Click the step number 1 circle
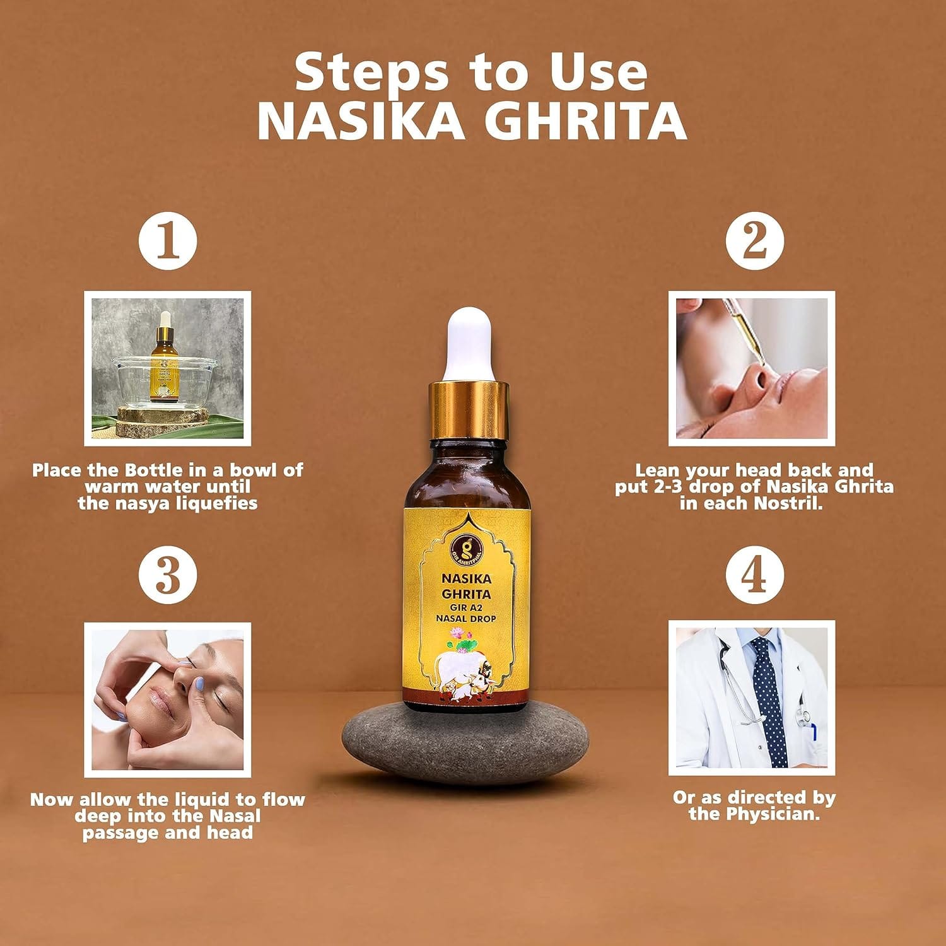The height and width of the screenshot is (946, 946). [168, 242]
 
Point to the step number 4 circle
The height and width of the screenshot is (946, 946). [754, 575]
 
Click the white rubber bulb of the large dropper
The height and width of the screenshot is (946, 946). [469, 344]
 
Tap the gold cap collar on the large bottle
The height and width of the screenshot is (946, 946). [469, 404]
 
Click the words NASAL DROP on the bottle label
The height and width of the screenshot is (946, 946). [466, 619]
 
